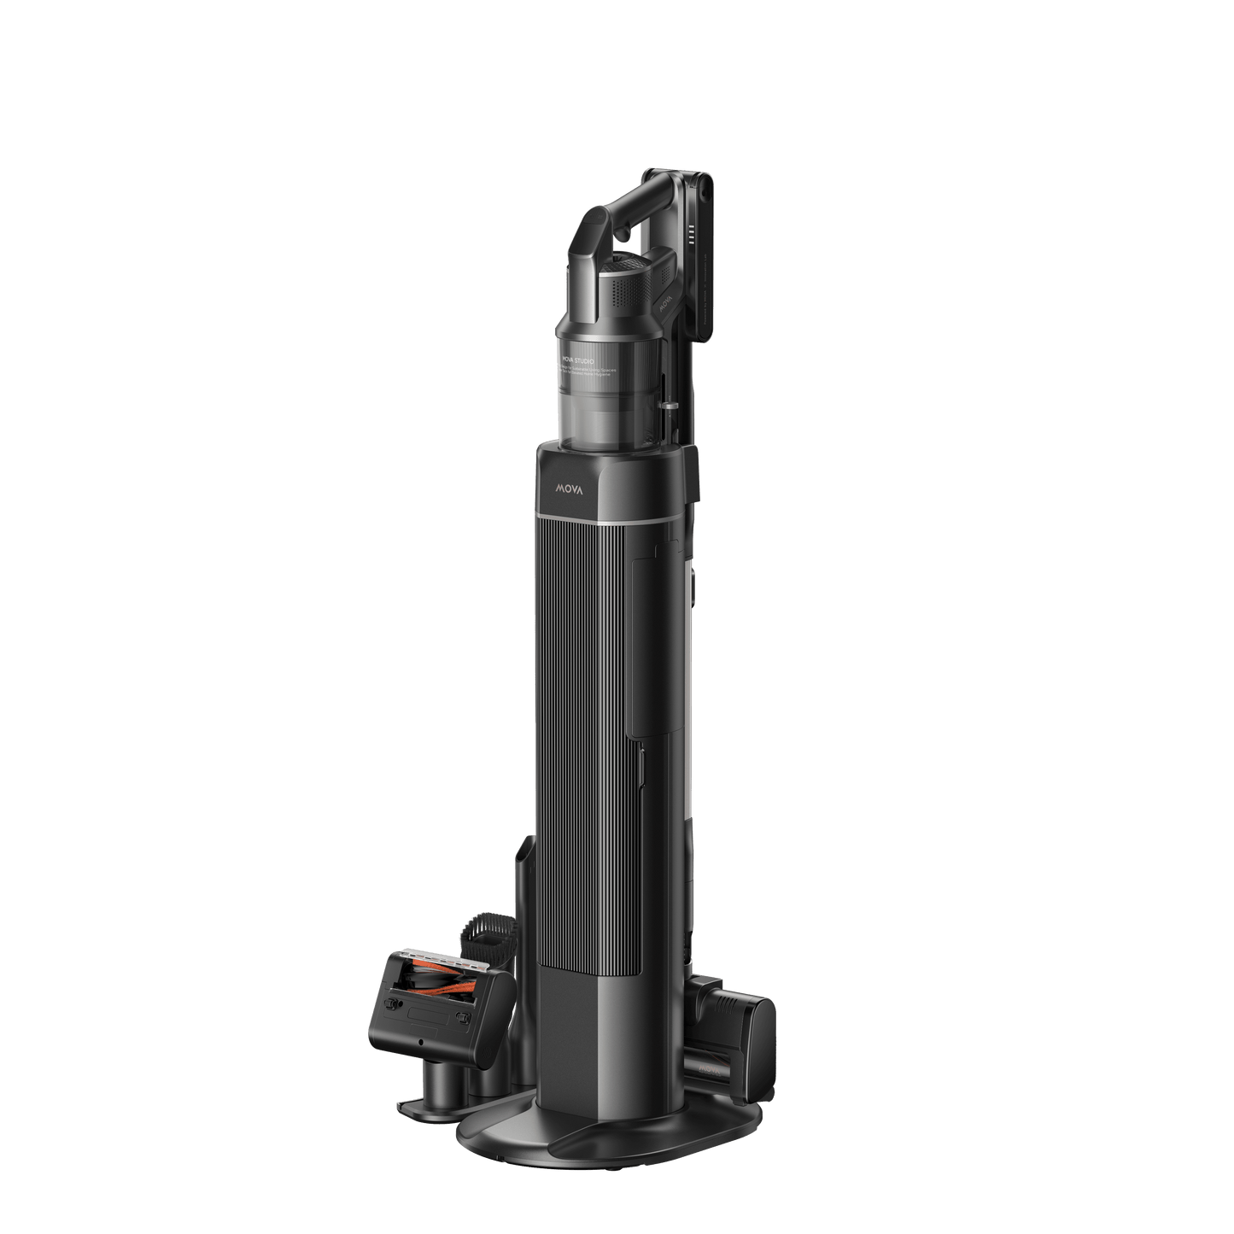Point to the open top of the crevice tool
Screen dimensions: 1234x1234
(x=523, y=850)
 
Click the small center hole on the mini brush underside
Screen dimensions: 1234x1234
(x=419, y=1044)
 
